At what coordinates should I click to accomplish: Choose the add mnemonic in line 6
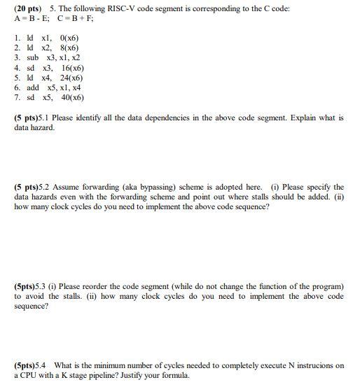pyautogui.click(x=33, y=87)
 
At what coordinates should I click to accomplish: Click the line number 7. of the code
pyautogui.click(x=18, y=98)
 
